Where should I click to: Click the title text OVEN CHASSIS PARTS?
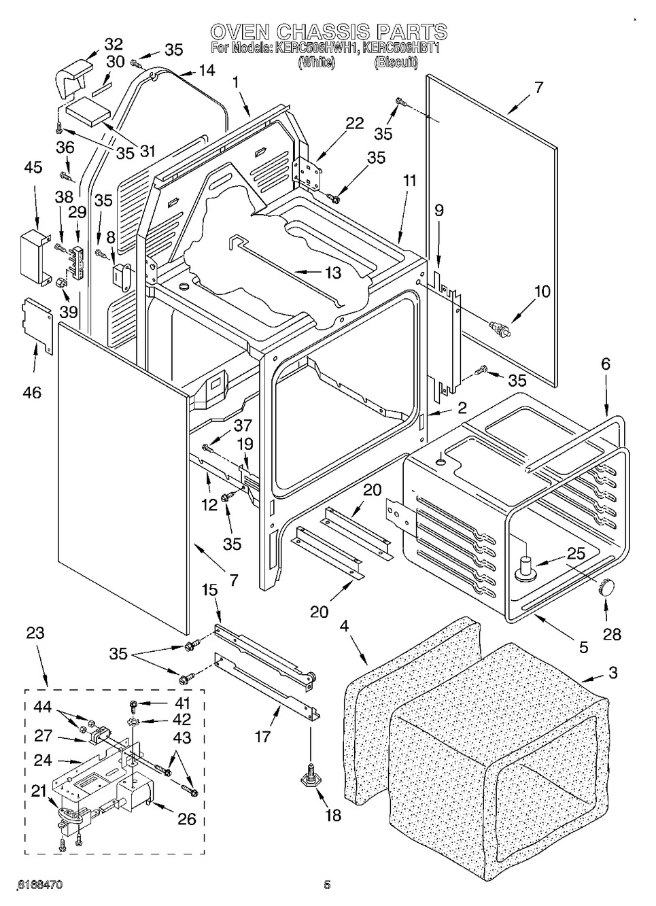coord(328,32)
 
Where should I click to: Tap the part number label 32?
coord(113,45)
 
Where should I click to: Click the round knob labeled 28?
coord(606,585)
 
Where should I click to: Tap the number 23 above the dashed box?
coord(35,633)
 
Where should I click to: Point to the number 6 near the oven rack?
coord(604,364)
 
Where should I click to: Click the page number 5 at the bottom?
coord(327,885)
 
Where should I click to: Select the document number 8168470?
coord(40,885)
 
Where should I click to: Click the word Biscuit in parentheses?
coord(395,62)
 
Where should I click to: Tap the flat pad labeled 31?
coord(84,110)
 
